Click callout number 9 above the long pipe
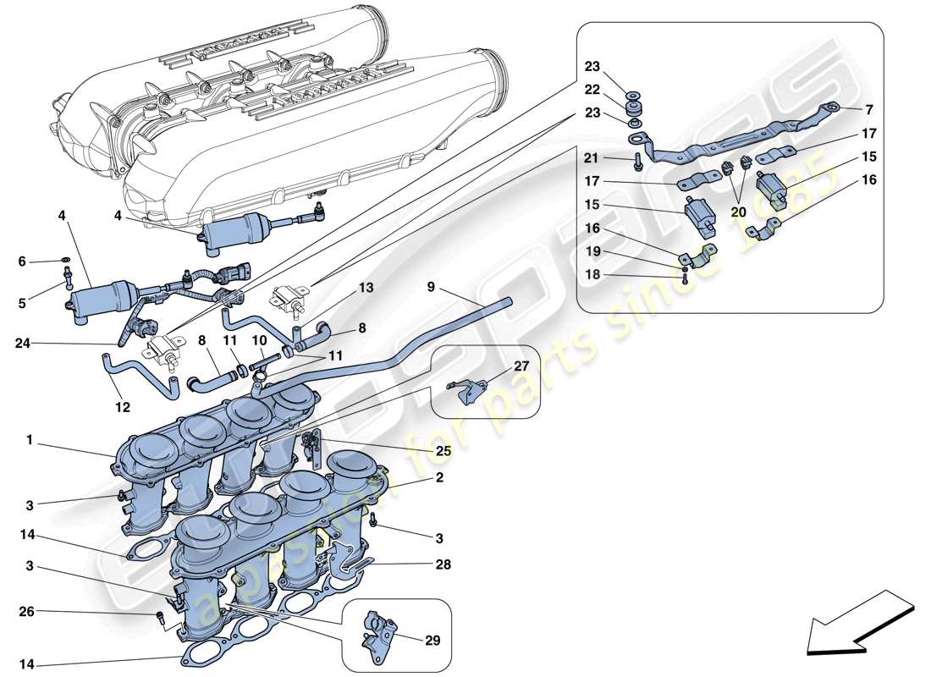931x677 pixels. (432, 288)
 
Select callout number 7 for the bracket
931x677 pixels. (869, 110)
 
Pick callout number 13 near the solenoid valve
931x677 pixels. (366, 289)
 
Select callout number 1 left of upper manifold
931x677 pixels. (30, 440)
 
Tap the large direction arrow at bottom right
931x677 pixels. (859, 624)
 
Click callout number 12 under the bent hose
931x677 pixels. (124, 408)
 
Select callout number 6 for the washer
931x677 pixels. (22, 262)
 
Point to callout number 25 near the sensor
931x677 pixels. (443, 452)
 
